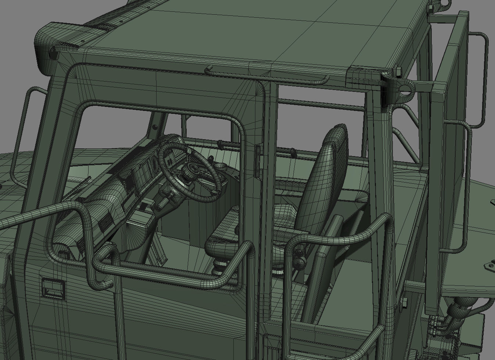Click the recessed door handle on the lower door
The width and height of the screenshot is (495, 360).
54,287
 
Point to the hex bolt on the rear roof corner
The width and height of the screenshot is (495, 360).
397,70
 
